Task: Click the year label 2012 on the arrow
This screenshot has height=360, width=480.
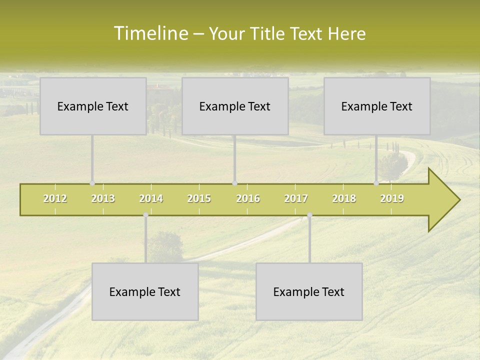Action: pyautogui.click(x=55, y=199)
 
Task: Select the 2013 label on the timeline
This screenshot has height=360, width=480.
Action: pyautogui.click(x=103, y=199)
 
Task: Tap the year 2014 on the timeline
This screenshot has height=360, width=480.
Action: pyautogui.click(x=151, y=199)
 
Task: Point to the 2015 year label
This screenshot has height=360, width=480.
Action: pyautogui.click(x=199, y=199)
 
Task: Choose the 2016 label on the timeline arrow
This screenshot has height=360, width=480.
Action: pyautogui.click(x=248, y=199)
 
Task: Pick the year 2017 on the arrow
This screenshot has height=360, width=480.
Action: pyautogui.click(x=296, y=199)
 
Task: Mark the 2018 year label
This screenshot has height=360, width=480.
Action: pyautogui.click(x=344, y=199)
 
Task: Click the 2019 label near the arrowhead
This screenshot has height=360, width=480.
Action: pyautogui.click(x=392, y=199)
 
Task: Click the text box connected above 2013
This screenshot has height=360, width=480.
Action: pyautogui.click(x=93, y=106)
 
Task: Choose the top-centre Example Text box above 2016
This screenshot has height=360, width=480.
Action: pyautogui.click(x=235, y=106)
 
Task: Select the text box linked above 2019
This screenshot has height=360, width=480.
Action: pyautogui.click(x=377, y=106)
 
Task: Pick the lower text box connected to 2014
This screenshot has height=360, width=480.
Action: pyautogui.click(x=145, y=291)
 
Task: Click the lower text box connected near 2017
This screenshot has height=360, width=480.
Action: pyautogui.click(x=309, y=291)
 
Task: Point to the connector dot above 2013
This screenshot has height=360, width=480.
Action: pyautogui.click(x=92, y=183)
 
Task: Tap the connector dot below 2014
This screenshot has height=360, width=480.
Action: pyautogui.click(x=145, y=215)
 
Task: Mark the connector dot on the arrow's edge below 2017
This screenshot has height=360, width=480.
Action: pyautogui.click(x=309, y=215)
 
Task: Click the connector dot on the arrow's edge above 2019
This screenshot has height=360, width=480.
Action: pyautogui.click(x=376, y=183)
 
